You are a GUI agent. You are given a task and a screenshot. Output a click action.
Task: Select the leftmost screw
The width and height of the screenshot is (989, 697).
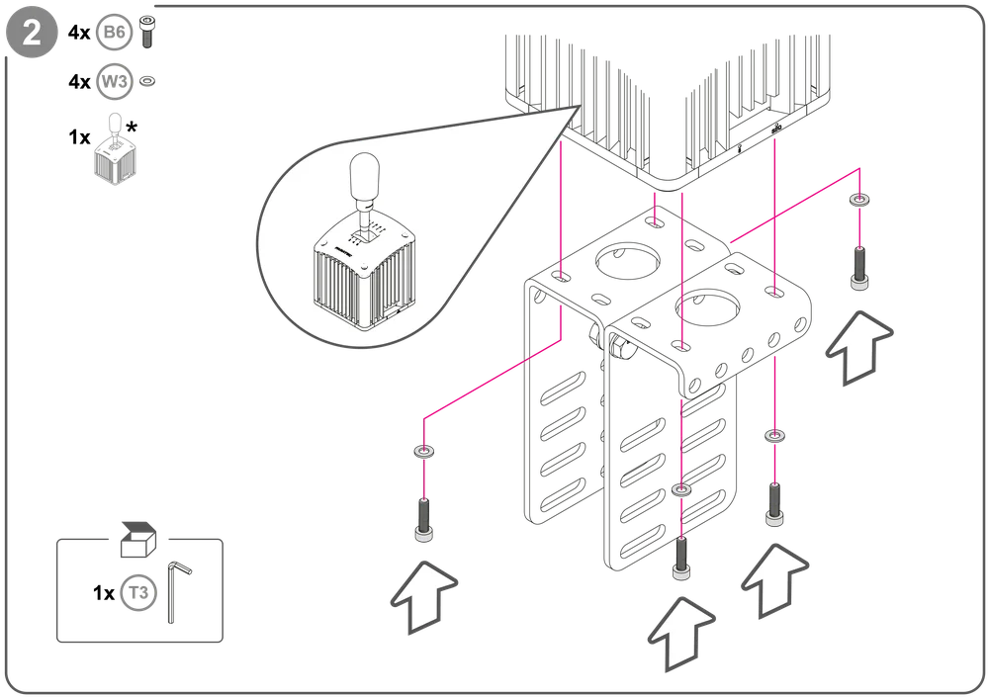(x=424, y=520)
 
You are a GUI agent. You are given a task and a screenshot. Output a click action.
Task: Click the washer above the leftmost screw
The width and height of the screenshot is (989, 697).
(x=425, y=452)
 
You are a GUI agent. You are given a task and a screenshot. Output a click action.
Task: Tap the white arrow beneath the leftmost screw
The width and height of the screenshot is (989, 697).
(x=424, y=595)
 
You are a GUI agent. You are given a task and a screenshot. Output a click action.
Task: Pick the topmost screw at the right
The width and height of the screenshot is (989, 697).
(x=859, y=267)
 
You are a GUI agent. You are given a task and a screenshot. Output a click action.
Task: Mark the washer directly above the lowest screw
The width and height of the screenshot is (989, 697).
(x=680, y=490)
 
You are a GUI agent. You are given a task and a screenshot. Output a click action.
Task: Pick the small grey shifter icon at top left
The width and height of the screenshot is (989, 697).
(x=115, y=153)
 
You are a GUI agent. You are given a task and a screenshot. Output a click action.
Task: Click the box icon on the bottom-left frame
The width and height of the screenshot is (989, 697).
(x=135, y=536)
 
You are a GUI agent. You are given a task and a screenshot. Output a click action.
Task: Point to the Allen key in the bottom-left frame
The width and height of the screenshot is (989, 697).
(x=177, y=589)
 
